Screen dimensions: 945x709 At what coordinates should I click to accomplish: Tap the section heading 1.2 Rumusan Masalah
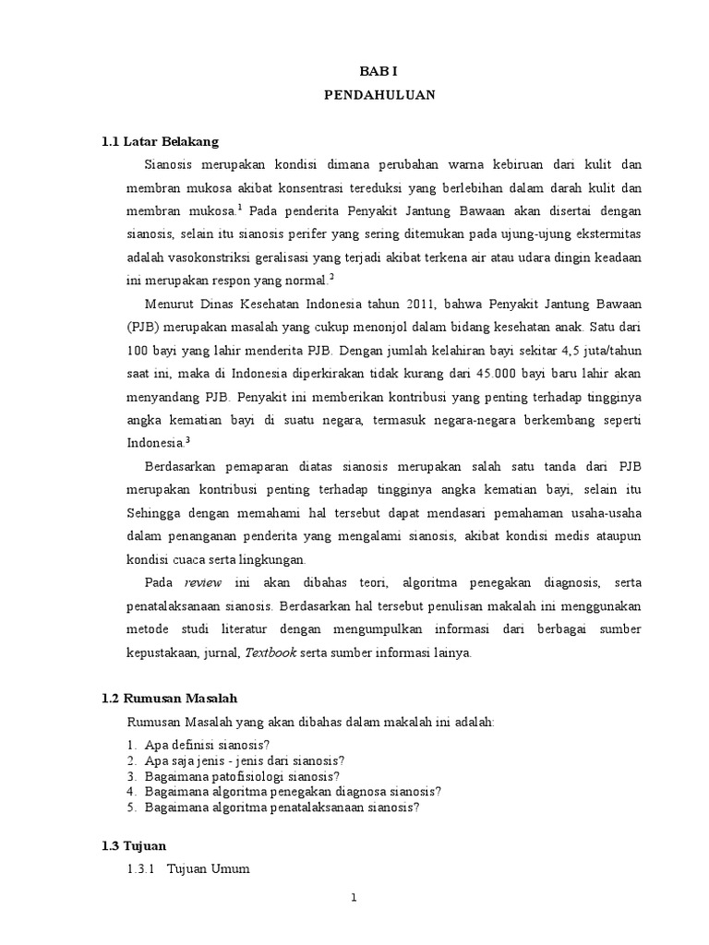coord(170,699)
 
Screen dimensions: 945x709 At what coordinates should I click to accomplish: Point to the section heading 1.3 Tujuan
coord(134,844)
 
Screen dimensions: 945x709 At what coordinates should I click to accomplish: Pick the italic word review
coord(204,582)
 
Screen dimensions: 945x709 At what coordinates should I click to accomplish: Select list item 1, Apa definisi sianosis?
coord(205,745)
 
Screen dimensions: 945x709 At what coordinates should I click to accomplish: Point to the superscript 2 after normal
coord(331,277)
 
